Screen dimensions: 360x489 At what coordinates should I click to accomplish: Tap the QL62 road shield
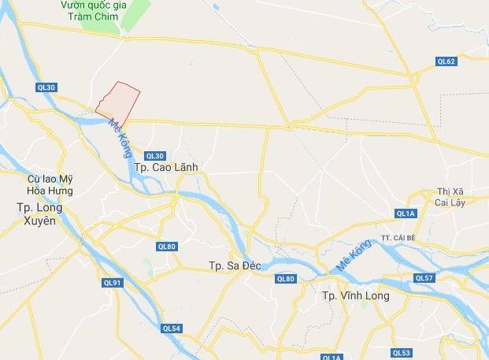(446, 61)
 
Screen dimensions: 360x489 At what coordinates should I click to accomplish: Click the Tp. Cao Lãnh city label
(165, 168)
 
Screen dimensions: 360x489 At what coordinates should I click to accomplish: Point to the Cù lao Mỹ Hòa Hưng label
(49, 185)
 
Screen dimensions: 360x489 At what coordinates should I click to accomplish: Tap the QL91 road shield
(112, 283)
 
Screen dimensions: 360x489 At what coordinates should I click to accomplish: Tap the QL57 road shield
(424, 278)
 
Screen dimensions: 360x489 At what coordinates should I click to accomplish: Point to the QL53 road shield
(402, 352)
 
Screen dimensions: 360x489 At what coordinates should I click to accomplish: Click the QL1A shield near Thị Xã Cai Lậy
(405, 213)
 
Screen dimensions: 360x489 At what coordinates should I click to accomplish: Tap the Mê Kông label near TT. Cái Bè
(353, 258)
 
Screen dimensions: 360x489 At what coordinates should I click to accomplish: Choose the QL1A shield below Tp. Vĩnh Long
(334, 357)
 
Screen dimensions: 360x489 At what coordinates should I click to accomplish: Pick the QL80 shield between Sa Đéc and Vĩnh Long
(285, 279)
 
